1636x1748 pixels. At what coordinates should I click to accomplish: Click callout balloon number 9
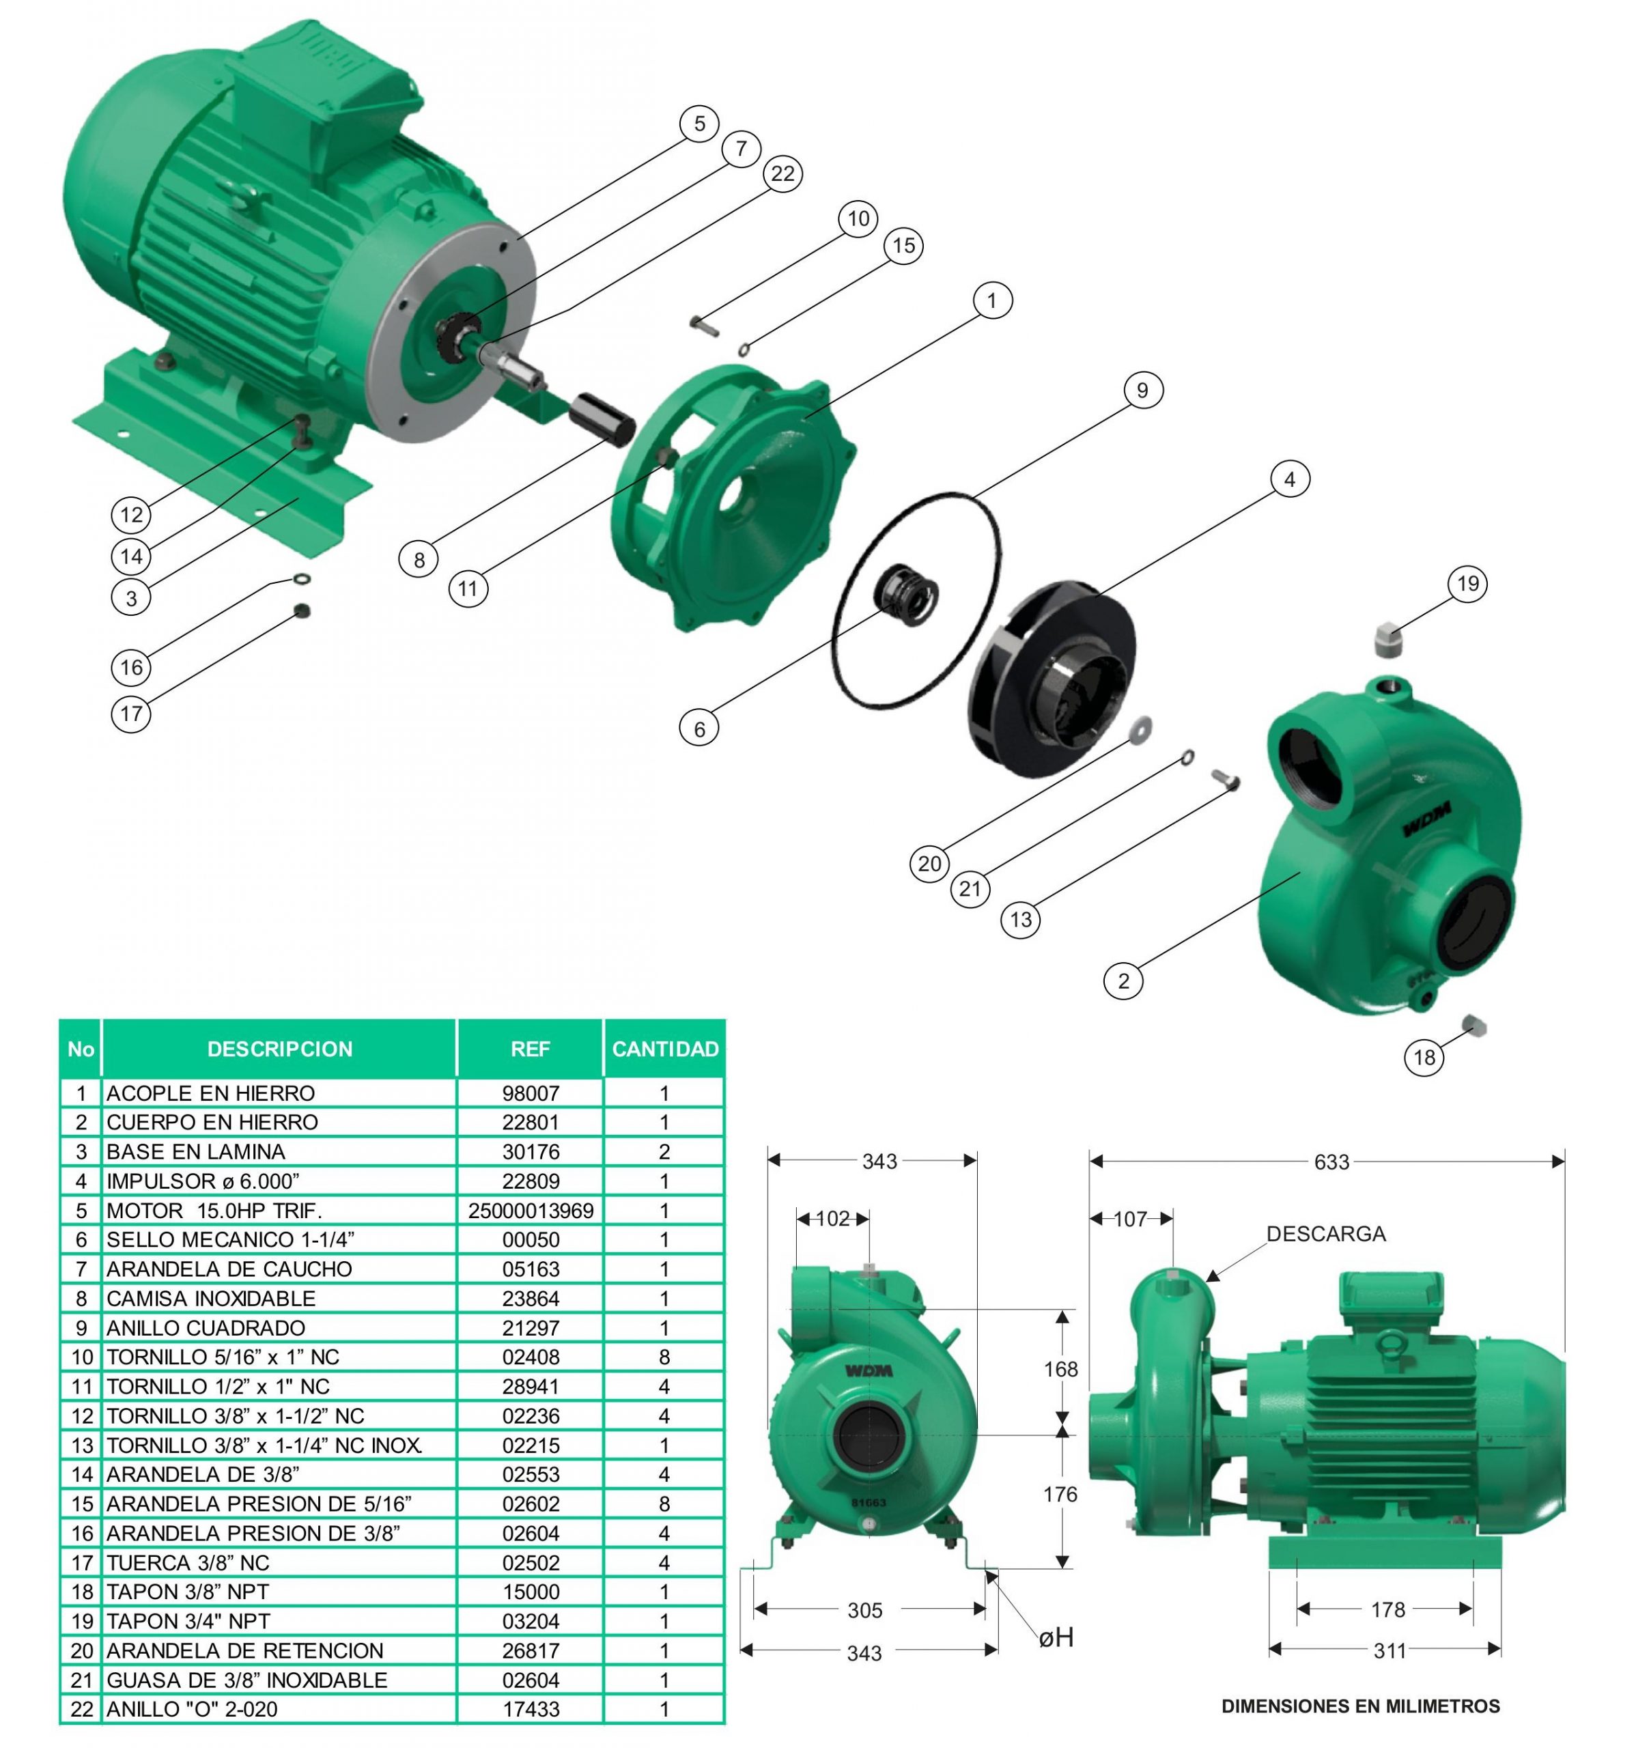point(1141,389)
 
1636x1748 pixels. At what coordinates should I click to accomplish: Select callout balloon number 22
point(782,173)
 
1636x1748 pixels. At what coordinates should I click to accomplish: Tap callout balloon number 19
point(1467,583)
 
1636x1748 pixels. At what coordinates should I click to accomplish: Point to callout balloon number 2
point(1123,981)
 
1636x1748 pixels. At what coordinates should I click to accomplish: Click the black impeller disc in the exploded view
point(1052,678)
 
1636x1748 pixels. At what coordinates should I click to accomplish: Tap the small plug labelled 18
point(1473,1024)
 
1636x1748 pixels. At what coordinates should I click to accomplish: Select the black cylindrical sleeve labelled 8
point(602,419)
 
